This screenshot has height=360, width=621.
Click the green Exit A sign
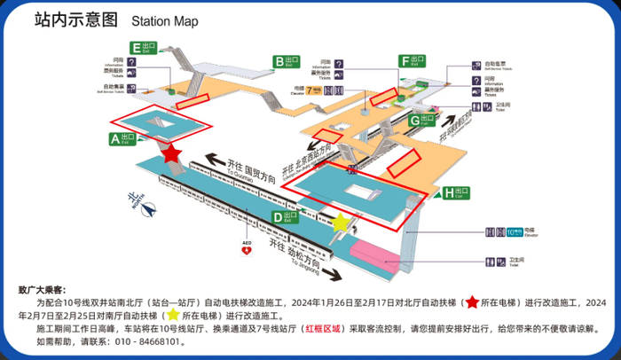(121, 138)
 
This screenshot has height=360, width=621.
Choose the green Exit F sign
(412, 61)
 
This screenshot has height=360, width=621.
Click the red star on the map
(172, 153)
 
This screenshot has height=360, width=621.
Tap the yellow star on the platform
(340, 222)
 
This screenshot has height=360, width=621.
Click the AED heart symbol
(246, 250)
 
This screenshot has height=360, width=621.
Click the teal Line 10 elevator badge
(514, 232)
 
